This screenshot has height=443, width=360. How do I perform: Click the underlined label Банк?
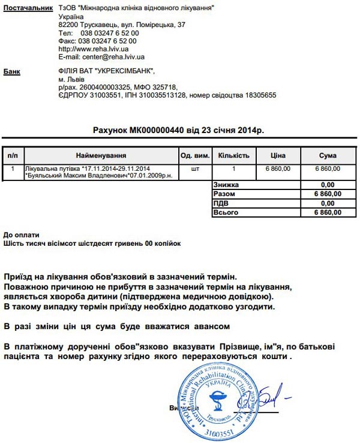click(x=12, y=71)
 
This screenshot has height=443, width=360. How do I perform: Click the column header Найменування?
click(x=101, y=155)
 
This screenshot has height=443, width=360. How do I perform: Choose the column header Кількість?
click(x=233, y=155)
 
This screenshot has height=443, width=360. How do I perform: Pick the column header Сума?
click(x=328, y=155)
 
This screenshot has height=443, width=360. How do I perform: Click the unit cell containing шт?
click(x=194, y=169)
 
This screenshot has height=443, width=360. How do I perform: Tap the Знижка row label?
click(x=226, y=185)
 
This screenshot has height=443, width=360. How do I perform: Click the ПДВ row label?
click(x=221, y=203)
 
